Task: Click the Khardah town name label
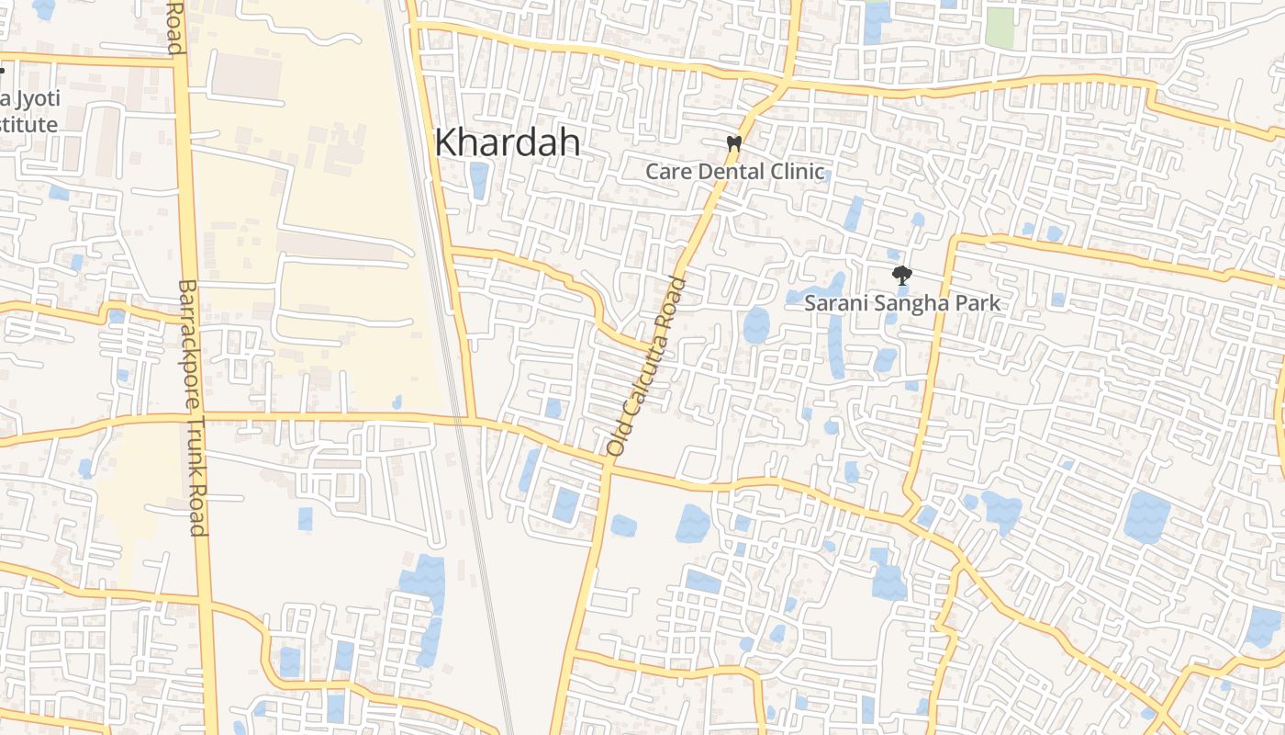click(507, 142)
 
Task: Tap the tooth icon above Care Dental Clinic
click(733, 143)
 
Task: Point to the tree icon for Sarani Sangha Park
click(902, 274)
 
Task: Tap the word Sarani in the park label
click(834, 303)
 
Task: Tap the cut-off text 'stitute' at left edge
click(28, 124)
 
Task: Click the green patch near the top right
click(1000, 28)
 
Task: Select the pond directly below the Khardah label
click(478, 180)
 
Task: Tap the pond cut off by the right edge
click(1265, 626)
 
